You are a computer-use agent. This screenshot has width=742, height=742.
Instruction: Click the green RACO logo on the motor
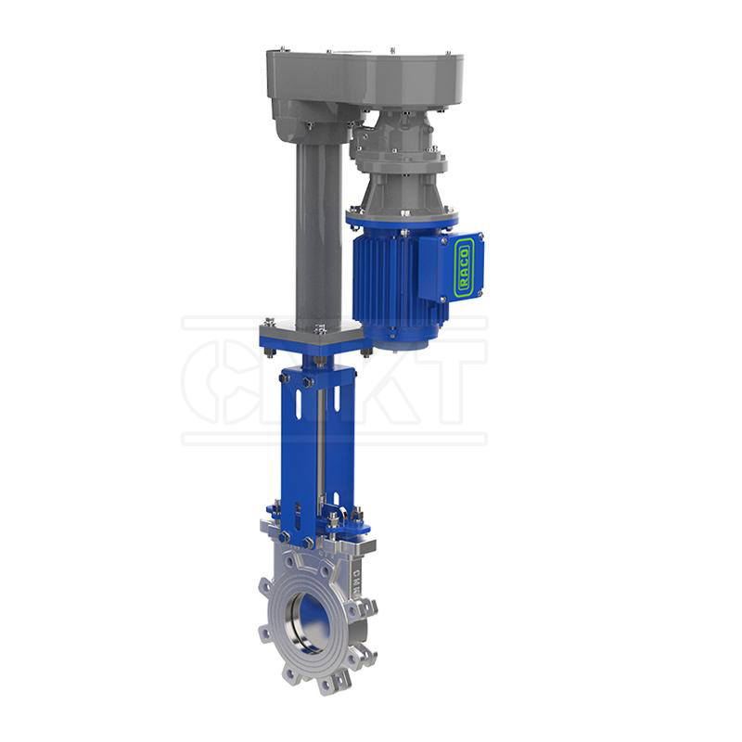[x=465, y=267]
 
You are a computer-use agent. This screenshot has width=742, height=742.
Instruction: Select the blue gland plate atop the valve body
[x=315, y=519]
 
